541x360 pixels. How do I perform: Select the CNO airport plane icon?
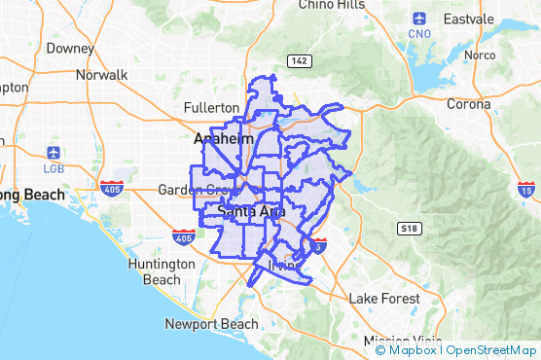419,18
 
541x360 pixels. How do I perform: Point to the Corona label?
469,103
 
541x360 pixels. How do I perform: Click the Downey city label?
69,47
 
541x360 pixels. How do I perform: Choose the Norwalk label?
101,74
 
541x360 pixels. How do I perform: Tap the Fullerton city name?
211,107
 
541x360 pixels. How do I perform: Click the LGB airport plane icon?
53,153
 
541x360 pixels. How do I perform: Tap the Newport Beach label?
211,324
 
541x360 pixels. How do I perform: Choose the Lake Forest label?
385,298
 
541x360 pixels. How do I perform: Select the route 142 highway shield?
300,60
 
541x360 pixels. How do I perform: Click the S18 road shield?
409,227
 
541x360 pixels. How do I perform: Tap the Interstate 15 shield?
526,188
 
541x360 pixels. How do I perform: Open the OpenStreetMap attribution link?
491,350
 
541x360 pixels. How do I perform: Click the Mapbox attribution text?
413,350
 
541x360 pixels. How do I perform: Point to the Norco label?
480,55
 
